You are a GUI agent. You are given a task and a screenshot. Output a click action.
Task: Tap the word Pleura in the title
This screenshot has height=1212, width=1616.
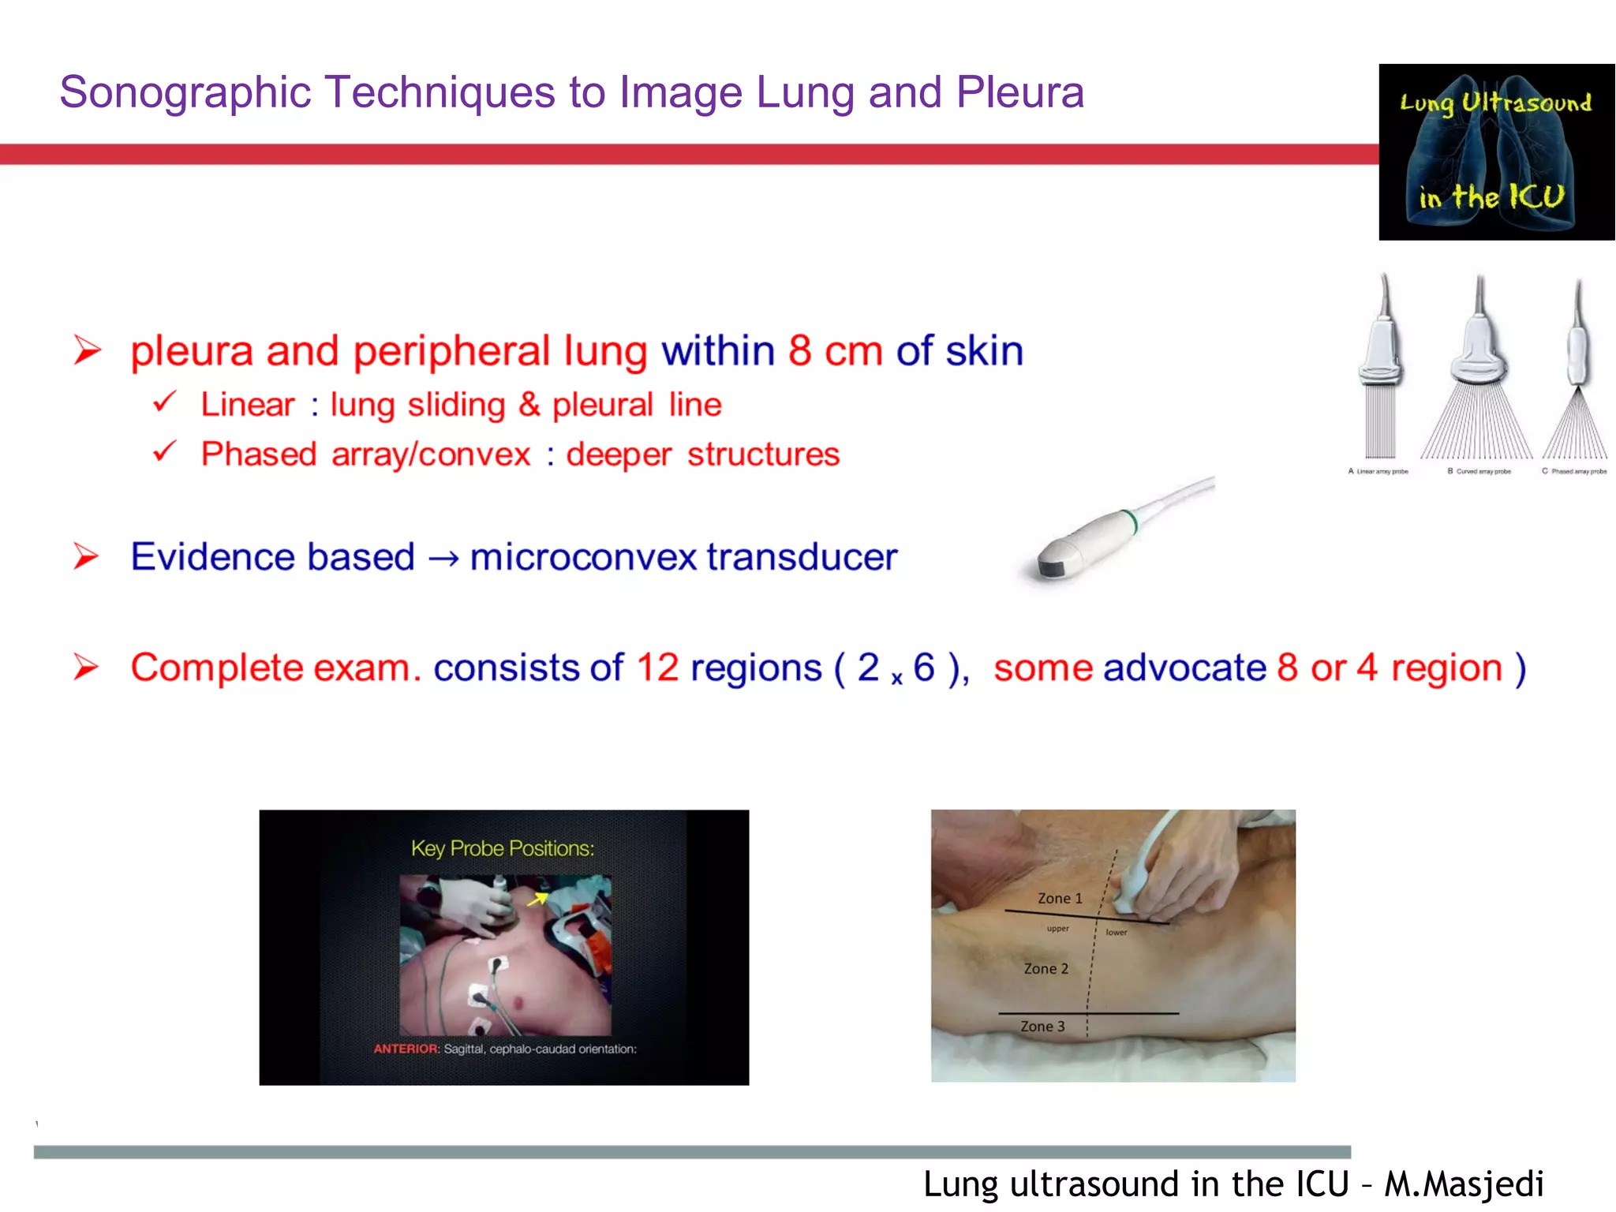pyautogui.click(x=1019, y=92)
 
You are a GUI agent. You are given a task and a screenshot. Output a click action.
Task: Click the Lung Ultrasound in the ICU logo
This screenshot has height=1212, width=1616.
pyautogui.click(x=1496, y=152)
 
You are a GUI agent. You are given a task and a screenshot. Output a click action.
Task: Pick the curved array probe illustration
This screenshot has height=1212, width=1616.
pyautogui.click(x=1478, y=371)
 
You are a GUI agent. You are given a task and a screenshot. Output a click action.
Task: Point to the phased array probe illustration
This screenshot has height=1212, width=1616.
pyautogui.click(x=1577, y=371)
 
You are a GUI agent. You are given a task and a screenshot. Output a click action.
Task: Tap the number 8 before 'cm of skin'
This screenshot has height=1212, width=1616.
pyautogui.click(x=799, y=350)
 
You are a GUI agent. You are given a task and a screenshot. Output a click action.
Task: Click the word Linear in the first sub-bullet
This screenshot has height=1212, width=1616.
pyautogui.click(x=247, y=405)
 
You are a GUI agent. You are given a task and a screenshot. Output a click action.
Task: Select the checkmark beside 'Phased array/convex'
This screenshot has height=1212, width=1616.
pyautogui.click(x=164, y=452)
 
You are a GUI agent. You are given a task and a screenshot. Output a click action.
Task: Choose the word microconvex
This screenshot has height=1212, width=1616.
pyautogui.click(x=583, y=557)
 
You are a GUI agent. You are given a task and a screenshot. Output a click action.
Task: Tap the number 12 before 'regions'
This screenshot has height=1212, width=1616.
pyautogui.click(x=657, y=668)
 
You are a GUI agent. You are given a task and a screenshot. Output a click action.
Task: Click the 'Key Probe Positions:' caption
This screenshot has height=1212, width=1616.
pyautogui.click(x=503, y=848)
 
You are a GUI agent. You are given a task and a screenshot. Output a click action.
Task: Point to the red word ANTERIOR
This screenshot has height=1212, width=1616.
pyautogui.click(x=406, y=1049)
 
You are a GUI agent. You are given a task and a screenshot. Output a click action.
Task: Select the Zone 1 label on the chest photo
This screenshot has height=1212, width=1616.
pyautogui.click(x=1060, y=899)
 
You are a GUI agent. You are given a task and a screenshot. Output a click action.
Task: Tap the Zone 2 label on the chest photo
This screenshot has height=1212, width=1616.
pyautogui.click(x=1046, y=969)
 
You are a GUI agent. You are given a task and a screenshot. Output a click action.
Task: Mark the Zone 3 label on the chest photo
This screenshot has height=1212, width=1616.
pyautogui.click(x=1042, y=1027)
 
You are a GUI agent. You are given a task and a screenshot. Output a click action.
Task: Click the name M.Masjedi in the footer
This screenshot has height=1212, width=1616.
pyautogui.click(x=1464, y=1184)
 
